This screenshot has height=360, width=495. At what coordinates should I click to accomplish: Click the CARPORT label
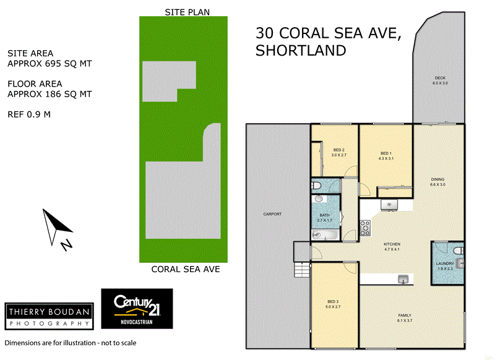pyautogui.click(x=272, y=214)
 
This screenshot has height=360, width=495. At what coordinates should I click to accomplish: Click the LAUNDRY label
pyautogui.click(x=445, y=265)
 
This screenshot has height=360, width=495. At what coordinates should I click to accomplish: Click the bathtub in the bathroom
pyautogui.click(x=324, y=235)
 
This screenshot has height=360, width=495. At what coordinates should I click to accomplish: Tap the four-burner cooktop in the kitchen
pyautogui.click(x=364, y=228)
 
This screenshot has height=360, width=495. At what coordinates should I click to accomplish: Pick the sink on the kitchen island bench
pyautogui.click(x=403, y=279)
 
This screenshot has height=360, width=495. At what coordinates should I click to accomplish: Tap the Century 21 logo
pyautogui.click(x=137, y=308)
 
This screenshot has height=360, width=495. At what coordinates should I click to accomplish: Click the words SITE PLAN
pyautogui.click(x=187, y=12)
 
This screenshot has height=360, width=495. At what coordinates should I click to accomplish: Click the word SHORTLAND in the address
pyautogui.click(x=301, y=51)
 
